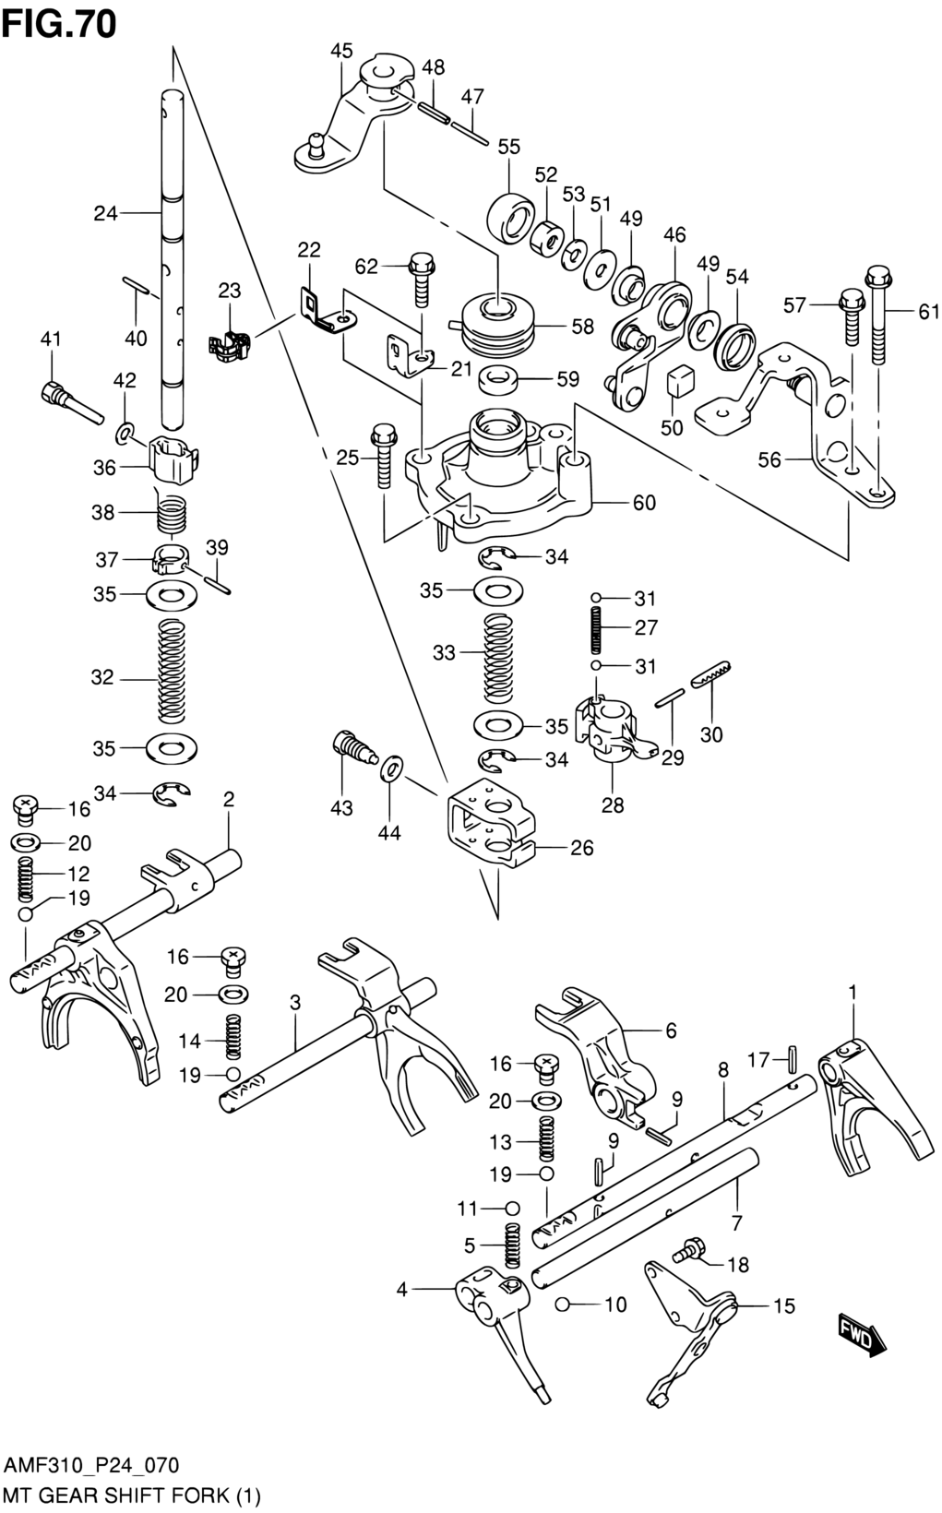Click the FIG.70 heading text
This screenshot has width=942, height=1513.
(x=59, y=25)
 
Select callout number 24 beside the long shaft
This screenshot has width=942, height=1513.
(x=105, y=214)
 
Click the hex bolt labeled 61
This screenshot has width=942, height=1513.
(x=877, y=316)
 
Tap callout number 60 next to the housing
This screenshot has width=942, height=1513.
(x=644, y=503)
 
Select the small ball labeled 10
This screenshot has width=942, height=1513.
(x=564, y=1305)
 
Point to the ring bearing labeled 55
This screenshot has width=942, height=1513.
(x=510, y=216)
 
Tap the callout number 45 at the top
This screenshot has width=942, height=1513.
(x=341, y=51)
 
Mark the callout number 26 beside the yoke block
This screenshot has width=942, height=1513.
(x=582, y=848)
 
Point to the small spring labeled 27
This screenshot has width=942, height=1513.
(x=596, y=629)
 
